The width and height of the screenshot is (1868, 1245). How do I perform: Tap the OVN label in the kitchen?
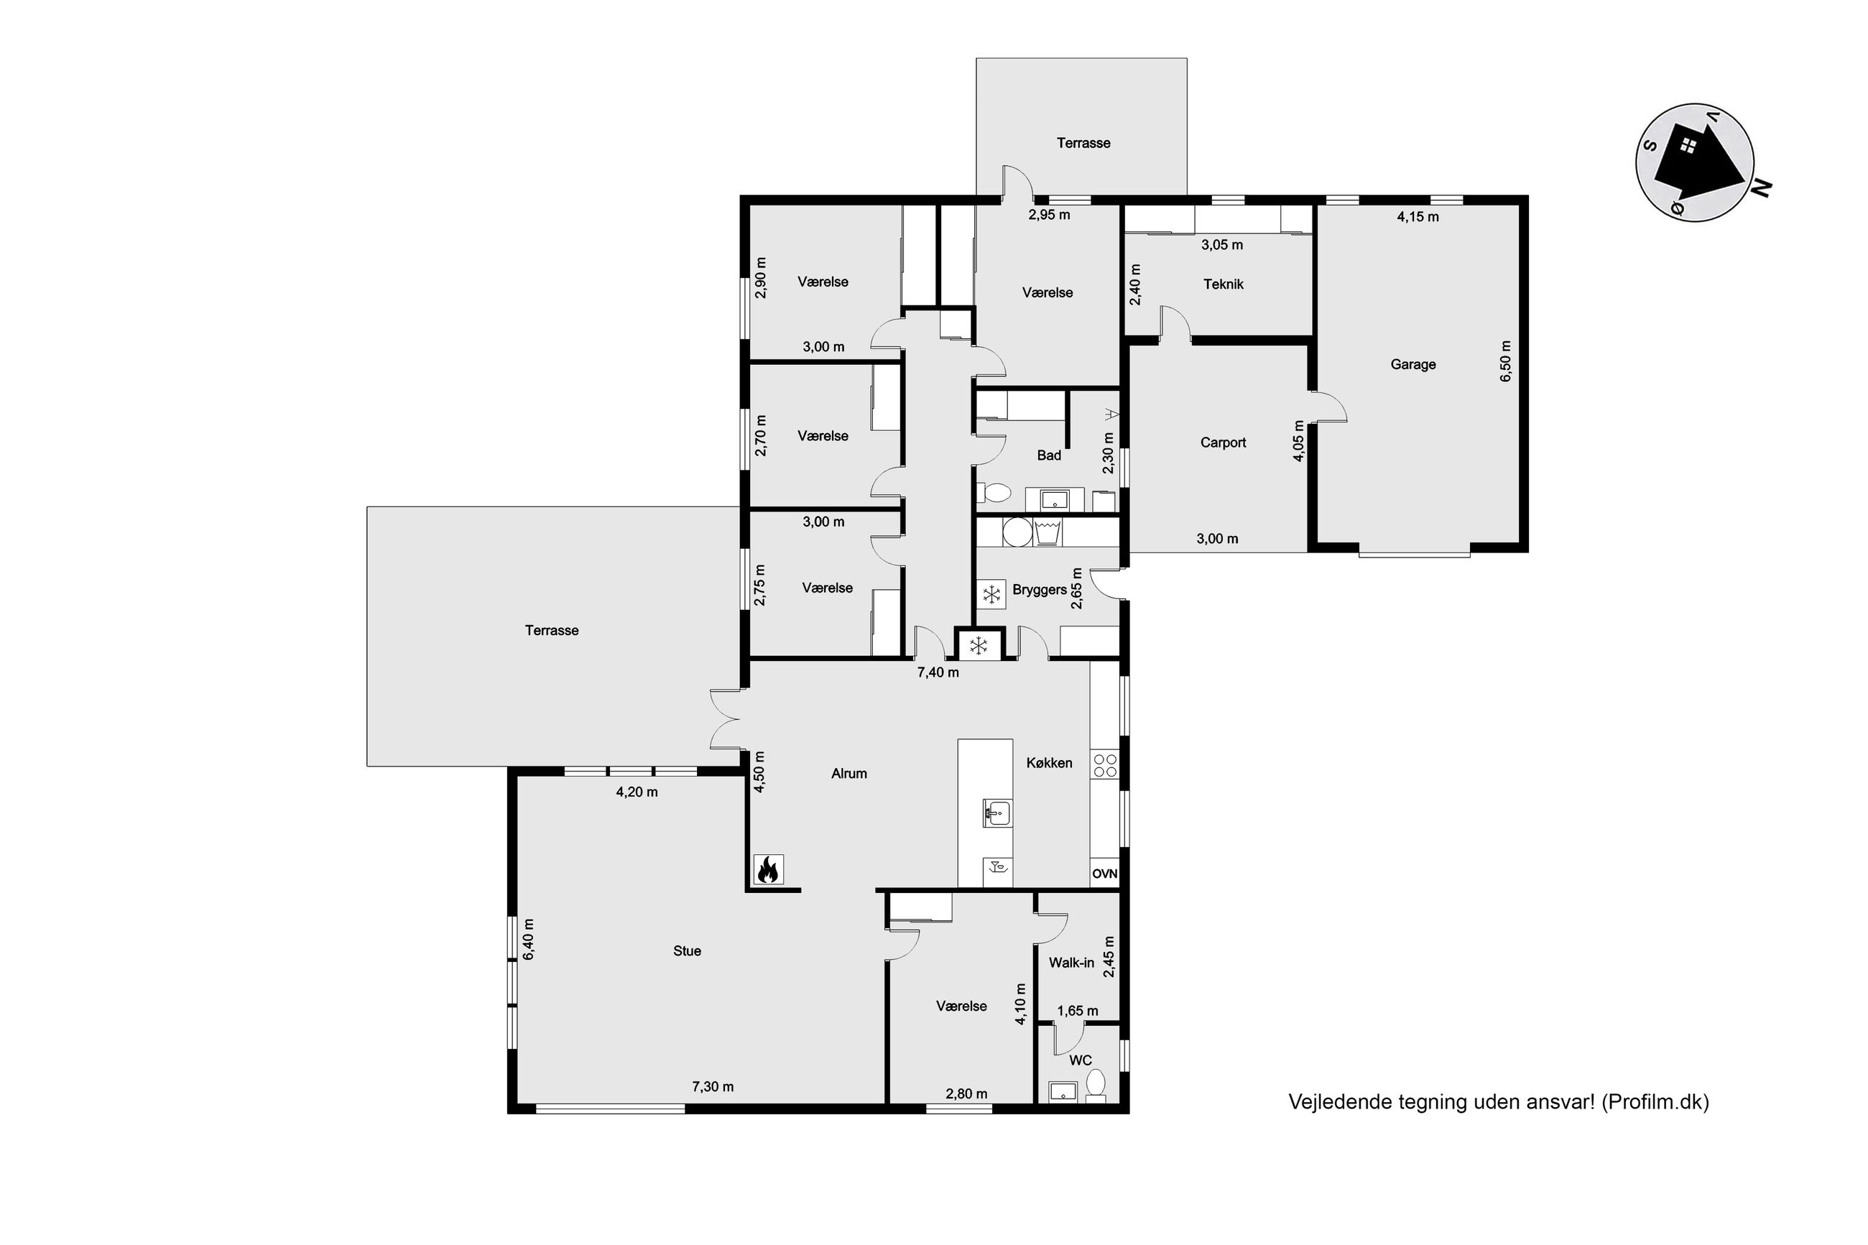click(x=1104, y=874)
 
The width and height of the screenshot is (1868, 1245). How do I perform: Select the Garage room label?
click(x=1413, y=364)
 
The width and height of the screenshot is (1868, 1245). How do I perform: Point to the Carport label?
click(x=1223, y=443)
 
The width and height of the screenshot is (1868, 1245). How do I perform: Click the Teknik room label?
click(x=1224, y=284)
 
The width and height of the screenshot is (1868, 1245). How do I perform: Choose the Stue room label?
click(x=687, y=950)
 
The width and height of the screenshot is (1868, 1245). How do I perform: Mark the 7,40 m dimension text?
click(x=938, y=672)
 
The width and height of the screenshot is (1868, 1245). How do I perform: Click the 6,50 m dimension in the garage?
click(x=1505, y=361)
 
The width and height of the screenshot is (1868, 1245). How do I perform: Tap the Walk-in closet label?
click(x=1071, y=963)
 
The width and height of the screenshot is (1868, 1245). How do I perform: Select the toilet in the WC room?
click(x=1096, y=1086)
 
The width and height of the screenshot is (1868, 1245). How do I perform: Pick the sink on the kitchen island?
click(x=998, y=813)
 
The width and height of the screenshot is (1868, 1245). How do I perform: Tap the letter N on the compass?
click(x=1761, y=188)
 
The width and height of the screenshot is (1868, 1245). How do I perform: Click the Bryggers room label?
click(x=1039, y=590)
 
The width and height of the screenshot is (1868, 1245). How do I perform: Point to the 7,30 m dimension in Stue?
click(x=712, y=1086)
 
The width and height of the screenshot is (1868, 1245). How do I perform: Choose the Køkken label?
click(x=1049, y=762)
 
